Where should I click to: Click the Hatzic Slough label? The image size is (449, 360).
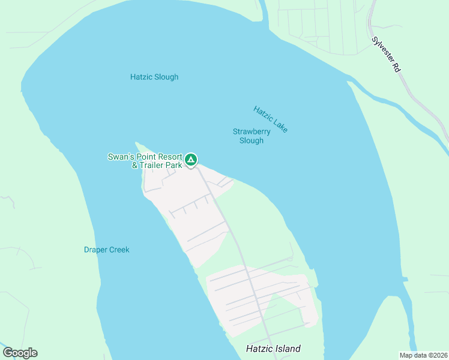(x=154, y=77)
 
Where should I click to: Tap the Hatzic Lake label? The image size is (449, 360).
(x=271, y=119)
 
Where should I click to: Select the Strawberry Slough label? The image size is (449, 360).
(x=252, y=136)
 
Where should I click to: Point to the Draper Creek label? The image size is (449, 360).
(x=106, y=250)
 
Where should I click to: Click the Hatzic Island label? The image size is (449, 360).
(x=273, y=349)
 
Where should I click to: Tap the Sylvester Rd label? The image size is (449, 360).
(x=386, y=55)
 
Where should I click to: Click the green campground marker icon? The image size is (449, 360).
(x=190, y=160)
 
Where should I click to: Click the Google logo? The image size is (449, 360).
(x=20, y=353)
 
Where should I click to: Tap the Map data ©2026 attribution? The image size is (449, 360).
(x=424, y=355)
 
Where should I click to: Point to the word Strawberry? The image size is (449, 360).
(x=252, y=132)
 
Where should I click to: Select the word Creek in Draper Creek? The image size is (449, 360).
(x=119, y=250)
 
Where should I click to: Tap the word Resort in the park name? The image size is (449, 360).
(x=168, y=157)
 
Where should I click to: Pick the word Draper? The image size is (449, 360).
(x=95, y=250)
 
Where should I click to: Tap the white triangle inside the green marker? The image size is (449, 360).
(x=190, y=160)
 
